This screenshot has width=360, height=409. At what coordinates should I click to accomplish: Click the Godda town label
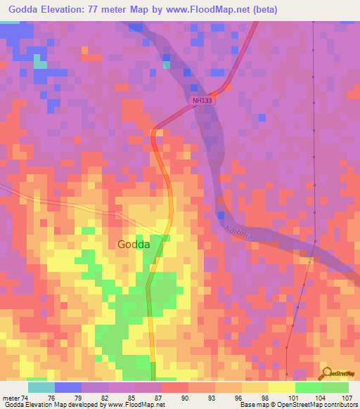click(133, 245)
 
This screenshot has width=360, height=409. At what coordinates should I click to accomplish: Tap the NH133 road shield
click(202, 101)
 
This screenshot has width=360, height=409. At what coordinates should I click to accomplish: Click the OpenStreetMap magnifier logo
click(326, 374)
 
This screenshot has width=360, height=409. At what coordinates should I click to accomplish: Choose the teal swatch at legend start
click(41, 387)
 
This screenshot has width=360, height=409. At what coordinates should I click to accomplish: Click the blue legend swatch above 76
click(68, 387)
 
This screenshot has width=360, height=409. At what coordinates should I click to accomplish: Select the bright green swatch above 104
click(309, 387)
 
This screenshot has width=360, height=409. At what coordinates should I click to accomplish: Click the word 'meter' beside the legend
click(11, 397)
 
